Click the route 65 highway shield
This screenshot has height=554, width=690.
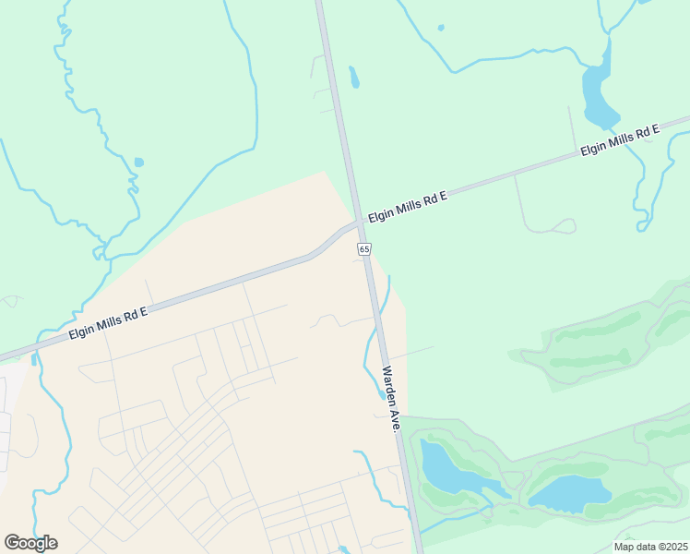(364, 249)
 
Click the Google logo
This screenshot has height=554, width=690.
(30, 542)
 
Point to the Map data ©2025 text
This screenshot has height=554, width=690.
(650, 547)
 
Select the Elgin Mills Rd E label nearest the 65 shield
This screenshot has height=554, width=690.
(407, 207)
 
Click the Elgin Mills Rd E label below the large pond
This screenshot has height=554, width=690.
(619, 141)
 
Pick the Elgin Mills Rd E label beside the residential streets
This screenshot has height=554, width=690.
(108, 322)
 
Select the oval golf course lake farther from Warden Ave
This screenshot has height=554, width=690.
(570, 493)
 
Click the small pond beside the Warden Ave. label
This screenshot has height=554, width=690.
(381, 396)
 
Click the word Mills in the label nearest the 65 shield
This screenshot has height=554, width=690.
(410, 206)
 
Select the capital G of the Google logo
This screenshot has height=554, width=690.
(12, 542)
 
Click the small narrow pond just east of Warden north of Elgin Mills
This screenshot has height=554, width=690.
(353, 77)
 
